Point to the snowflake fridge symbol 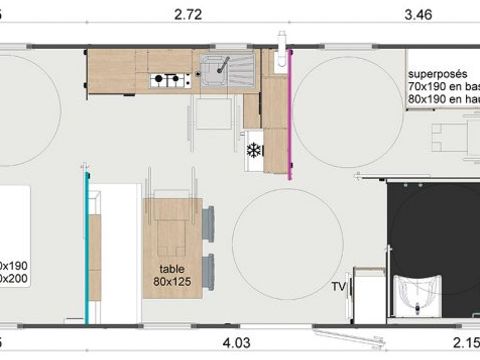click(253, 150)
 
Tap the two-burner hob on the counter click(163, 80)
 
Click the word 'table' click(173, 269)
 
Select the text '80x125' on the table click(173, 282)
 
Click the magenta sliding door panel click(290, 110)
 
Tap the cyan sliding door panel click(86, 250)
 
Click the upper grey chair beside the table click(209, 217)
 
